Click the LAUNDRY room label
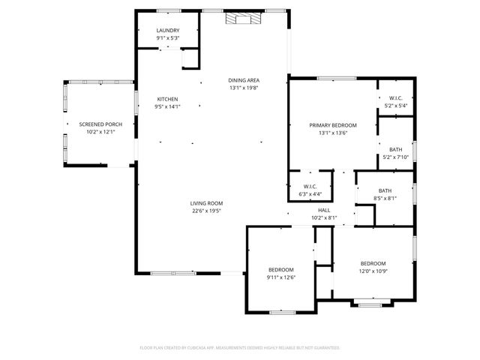(168, 31)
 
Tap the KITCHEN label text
(167, 99)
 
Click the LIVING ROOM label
(206, 203)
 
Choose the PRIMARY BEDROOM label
(333, 125)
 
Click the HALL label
(324, 211)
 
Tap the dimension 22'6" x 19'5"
(206, 211)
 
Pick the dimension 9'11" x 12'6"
(281, 277)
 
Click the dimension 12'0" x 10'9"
(373, 271)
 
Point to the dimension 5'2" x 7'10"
(395, 157)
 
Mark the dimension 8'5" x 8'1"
(385, 199)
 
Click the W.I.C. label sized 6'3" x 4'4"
(310, 187)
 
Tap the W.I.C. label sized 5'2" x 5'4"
(395, 98)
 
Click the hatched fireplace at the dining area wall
(245, 19)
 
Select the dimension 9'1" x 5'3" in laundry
(168, 38)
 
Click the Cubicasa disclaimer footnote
(240, 348)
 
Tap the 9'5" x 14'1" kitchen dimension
(167, 106)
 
